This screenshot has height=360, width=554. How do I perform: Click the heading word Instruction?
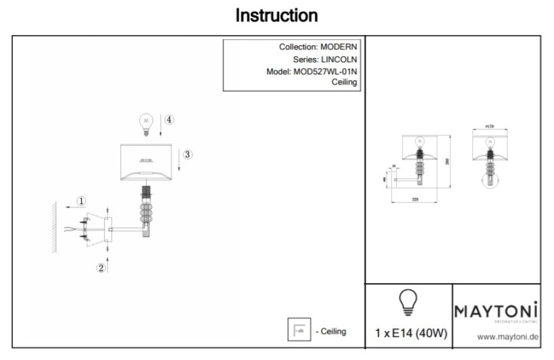click(x=276, y=15)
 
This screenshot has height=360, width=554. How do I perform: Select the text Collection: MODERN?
click(x=318, y=47)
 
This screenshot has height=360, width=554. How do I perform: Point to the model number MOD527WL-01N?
click(x=324, y=71)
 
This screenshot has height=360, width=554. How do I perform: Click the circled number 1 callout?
click(x=81, y=201)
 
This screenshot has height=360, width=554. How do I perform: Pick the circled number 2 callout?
click(x=101, y=268)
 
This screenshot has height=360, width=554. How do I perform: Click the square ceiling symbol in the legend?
click(x=298, y=331)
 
